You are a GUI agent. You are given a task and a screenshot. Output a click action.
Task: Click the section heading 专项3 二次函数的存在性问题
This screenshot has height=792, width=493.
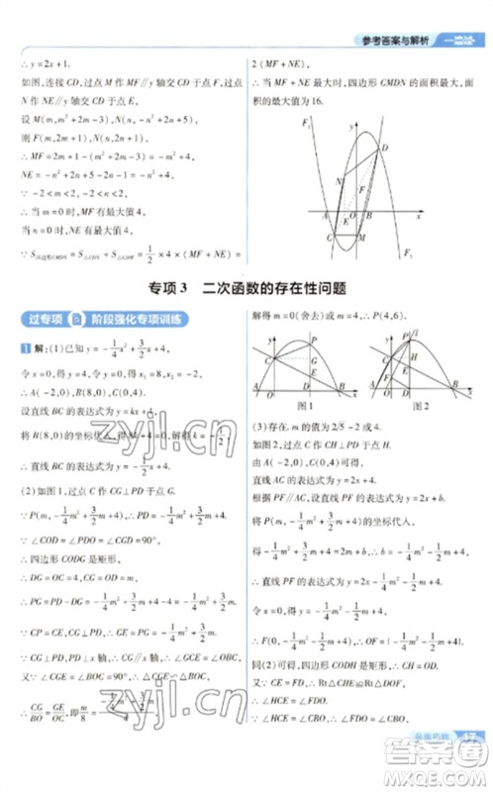point(246,288)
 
